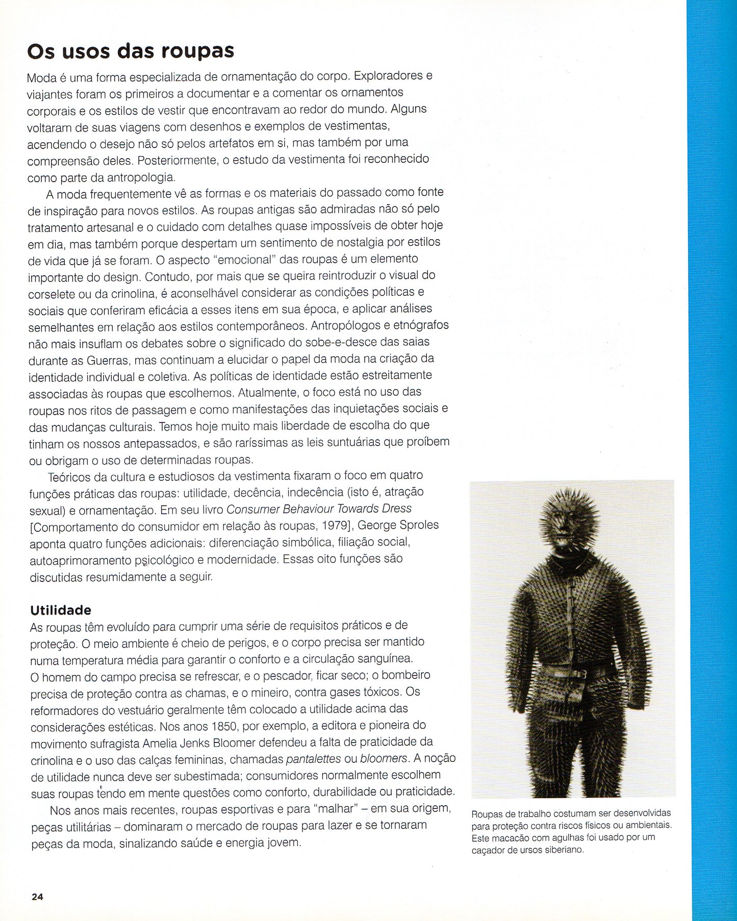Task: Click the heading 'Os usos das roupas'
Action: pos(130,52)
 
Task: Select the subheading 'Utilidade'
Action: pos(61,610)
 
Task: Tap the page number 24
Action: pos(37,897)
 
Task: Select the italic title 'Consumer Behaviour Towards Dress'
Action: pos(319,508)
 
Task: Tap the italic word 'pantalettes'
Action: pos(313,759)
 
